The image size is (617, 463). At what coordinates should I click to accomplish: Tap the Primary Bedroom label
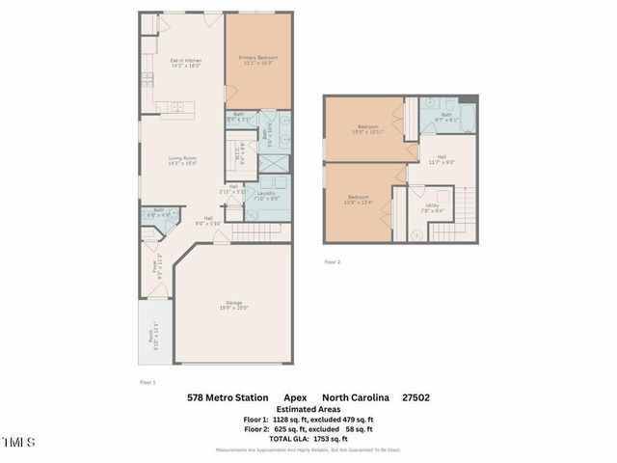click(x=258, y=61)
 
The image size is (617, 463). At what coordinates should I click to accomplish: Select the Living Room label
click(x=183, y=161)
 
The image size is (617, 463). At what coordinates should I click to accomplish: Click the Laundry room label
click(x=267, y=196)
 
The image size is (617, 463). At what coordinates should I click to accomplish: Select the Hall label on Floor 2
click(x=441, y=159)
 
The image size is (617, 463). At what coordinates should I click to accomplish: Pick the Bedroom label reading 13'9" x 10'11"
click(x=368, y=129)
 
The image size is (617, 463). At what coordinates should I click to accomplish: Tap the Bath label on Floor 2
click(x=446, y=117)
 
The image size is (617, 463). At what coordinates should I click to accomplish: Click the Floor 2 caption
click(x=333, y=261)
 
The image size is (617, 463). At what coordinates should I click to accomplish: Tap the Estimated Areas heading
click(x=308, y=409)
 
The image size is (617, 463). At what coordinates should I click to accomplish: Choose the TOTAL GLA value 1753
click(x=323, y=439)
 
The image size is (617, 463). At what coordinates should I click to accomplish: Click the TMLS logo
click(x=18, y=443)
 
